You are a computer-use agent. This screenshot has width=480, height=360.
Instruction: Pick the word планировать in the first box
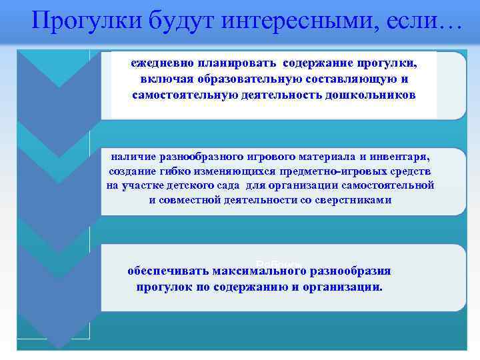click(237, 63)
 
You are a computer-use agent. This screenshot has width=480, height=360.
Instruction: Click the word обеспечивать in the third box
click(167, 271)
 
